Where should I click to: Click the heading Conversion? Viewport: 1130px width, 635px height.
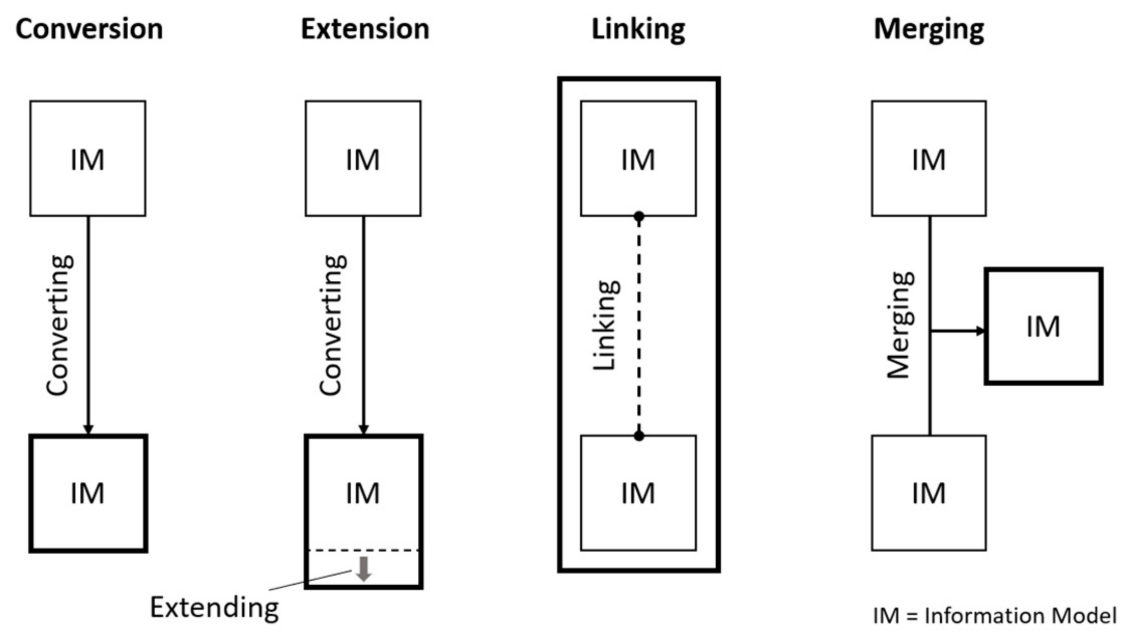[x=89, y=29]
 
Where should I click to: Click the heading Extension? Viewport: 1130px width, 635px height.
[x=365, y=29]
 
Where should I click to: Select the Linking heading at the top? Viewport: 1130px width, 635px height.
[x=638, y=29]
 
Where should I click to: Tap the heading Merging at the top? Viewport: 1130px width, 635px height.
[x=929, y=29]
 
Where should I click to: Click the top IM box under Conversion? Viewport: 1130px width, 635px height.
[x=88, y=159]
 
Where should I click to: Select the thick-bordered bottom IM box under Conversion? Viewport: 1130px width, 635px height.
[x=88, y=493]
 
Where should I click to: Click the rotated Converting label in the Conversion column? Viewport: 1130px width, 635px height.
[x=59, y=326]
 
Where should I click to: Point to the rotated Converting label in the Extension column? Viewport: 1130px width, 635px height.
[x=332, y=326]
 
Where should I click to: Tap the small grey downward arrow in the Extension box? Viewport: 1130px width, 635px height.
[x=363, y=569]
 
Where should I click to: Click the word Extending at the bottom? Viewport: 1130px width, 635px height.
[x=215, y=608]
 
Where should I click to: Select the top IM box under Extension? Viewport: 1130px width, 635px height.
[x=363, y=159]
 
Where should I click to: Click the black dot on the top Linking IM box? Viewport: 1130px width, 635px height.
[x=639, y=217]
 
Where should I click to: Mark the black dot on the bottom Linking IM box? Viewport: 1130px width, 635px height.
[x=639, y=436]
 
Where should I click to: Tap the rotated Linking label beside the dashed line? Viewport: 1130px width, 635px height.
[x=606, y=326]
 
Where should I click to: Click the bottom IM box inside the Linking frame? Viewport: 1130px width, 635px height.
[x=638, y=493]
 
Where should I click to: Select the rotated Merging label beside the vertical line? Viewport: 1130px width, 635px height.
[x=900, y=326]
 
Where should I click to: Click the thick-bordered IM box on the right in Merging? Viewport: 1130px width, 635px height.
[x=1044, y=327]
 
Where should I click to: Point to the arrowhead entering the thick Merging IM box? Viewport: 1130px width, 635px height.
[x=980, y=331]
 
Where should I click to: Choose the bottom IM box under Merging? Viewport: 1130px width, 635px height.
[x=929, y=493]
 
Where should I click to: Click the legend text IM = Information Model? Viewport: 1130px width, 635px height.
[x=995, y=615]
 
